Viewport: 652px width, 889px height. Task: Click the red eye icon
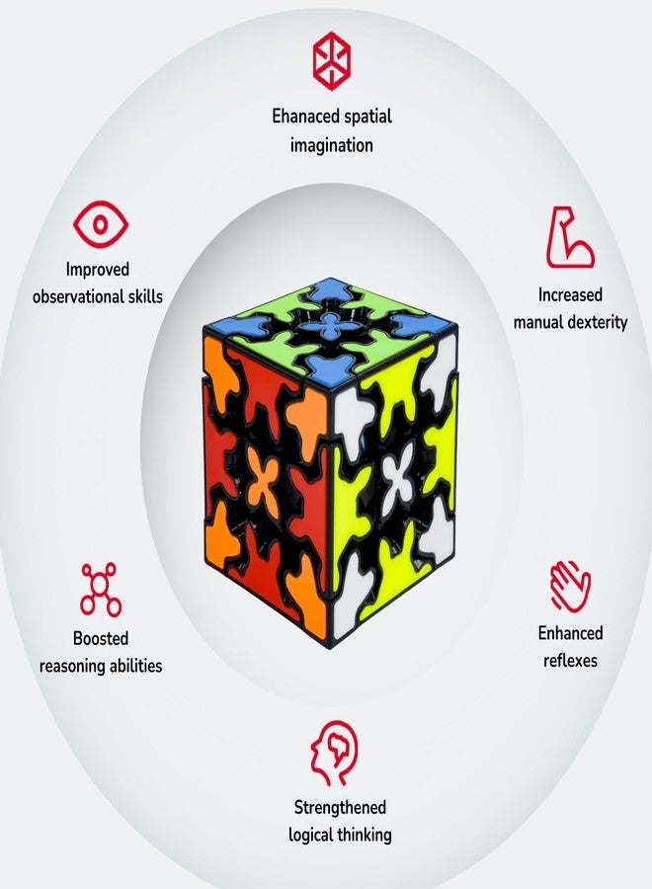pyautogui.click(x=101, y=224)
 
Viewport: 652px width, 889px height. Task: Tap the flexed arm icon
pyautogui.click(x=569, y=237)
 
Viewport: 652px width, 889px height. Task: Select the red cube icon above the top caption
pyautogui.click(x=332, y=61)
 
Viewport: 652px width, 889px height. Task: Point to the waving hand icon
pyautogui.click(x=570, y=586)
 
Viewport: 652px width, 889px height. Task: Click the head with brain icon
pyautogui.click(x=335, y=753)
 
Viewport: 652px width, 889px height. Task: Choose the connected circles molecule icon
pyautogui.click(x=101, y=590)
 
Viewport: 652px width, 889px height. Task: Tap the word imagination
pyautogui.click(x=332, y=145)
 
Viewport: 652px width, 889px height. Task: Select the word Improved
pyautogui.click(x=98, y=270)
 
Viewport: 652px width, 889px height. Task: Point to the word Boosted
pyautogui.click(x=101, y=638)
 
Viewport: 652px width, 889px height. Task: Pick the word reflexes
pyautogui.click(x=570, y=661)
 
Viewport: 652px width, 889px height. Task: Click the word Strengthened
pyautogui.click(x=340, y=807)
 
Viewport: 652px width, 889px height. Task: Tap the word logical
pyautogui.click(x=311, y=835)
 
